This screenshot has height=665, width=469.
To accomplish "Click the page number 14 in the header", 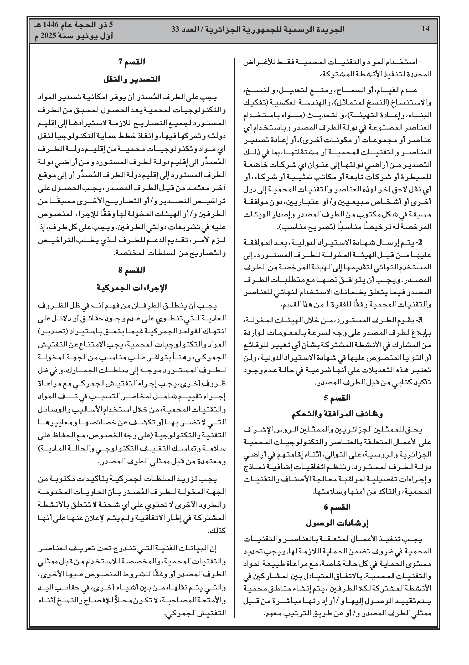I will pyautogui.click(x=425, y=29).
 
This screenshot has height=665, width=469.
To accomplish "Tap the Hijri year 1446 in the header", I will pyautogui.click(x=51, y=25).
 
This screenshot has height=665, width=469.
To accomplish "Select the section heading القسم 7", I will pyautogui.click(x=132, y=62).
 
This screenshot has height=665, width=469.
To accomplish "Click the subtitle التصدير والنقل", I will pyautogui.click(x=132, y=79).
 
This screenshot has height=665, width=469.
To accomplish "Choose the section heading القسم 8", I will pyautogui.click(x=132, y=270).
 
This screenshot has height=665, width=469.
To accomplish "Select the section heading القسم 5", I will pyautogui.click(x=337, y=398).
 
